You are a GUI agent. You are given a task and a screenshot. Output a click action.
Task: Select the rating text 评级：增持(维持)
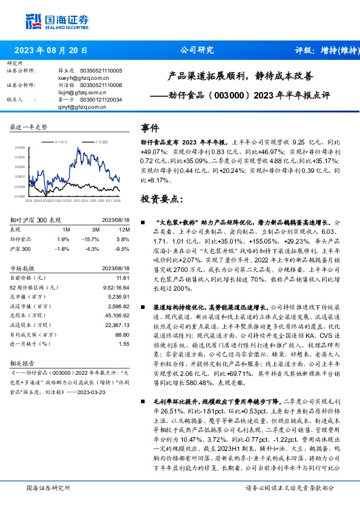pos(324,50)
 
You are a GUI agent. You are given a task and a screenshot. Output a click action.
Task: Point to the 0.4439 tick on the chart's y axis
pos(20,147)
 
